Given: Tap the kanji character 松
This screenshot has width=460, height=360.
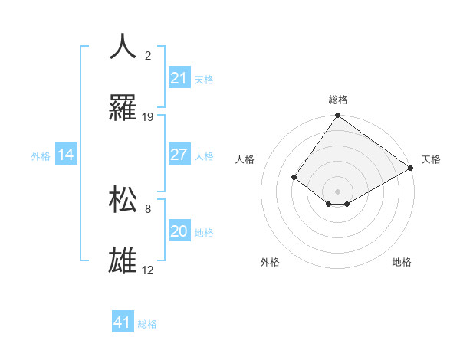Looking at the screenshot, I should (123, 199).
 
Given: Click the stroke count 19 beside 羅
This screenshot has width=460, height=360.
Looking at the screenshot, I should (148, 117).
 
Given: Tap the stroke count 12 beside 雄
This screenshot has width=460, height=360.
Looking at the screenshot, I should (148, 270).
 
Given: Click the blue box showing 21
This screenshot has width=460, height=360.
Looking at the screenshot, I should (179, 78).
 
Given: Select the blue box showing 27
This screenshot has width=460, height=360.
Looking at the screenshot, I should (179, 155).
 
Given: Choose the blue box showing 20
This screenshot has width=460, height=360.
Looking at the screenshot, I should (179, 231).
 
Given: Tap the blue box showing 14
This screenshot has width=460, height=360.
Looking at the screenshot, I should (66, 155).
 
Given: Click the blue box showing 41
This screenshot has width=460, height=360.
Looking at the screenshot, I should (123, 322).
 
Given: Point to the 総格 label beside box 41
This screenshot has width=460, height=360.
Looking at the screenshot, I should (147, 324).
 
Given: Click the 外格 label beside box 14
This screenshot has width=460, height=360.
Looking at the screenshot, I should (41, 156).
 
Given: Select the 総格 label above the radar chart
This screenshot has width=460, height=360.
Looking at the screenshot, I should (337, 100).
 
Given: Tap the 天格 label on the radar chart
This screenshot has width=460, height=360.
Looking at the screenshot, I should (431, 159).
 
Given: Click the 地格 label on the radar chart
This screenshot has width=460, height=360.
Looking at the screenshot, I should (402, 262).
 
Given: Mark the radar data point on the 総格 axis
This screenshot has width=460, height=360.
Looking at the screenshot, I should (337, 116).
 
